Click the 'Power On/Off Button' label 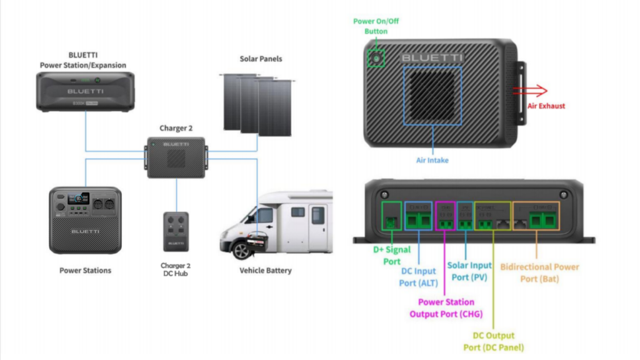[376, 26]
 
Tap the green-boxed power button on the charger [376, 58]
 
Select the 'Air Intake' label [432, 160]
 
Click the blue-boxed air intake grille [432, 94]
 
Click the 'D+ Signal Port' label [392, 255]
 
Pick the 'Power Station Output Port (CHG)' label [446, 308]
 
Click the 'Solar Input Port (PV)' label [469, 271]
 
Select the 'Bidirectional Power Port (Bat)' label [539, 272]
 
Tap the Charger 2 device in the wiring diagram [176, 158]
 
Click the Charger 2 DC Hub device [176, 231]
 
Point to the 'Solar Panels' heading [261, 59]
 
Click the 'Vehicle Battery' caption [266, 271]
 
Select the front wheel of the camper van [242, 251]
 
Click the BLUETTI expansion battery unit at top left [85, 91]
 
